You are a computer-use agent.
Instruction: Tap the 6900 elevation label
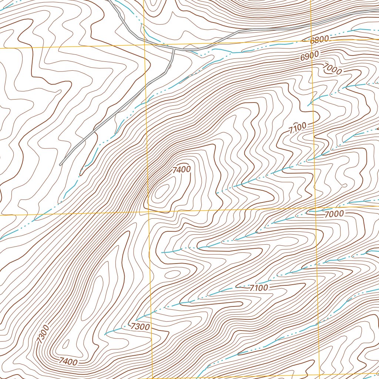[x=309, y=57]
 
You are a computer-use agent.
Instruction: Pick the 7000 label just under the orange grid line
[x=334, y=214]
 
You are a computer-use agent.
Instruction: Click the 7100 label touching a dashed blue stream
[x=259, y=288]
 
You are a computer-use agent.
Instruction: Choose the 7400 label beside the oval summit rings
[x=181, y=170]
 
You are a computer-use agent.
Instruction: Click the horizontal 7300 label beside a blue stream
[x=140, y=327]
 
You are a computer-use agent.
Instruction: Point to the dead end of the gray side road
[x=60, y=164]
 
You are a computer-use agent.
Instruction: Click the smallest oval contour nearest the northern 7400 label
[x=162, y=191]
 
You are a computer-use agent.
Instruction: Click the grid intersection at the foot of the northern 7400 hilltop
[x=148, y=212]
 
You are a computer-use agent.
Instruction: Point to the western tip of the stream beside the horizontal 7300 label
[x=105, y=334]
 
